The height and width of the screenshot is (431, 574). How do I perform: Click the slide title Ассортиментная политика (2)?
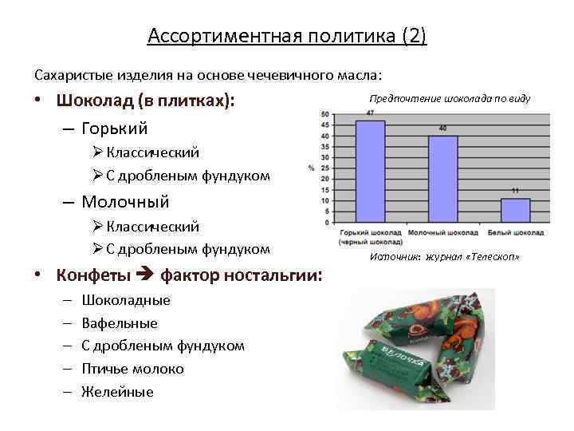[x=287, y=37]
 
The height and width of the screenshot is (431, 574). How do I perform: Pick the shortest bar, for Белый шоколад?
[x=515, y=211]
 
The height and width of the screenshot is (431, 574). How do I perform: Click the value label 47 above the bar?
[x=370, y=113]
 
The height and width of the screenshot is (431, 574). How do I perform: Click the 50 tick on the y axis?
[x=324, y=115]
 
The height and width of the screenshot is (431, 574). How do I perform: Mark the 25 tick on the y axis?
[x=324, y=168]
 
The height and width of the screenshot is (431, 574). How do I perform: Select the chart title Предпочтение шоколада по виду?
[x=450, y=98]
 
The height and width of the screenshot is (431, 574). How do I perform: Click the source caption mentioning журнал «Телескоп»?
[x=445, y=257]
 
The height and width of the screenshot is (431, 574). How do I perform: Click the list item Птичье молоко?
[x=138, y=369]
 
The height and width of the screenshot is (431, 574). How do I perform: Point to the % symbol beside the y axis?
[x=310, y=168]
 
